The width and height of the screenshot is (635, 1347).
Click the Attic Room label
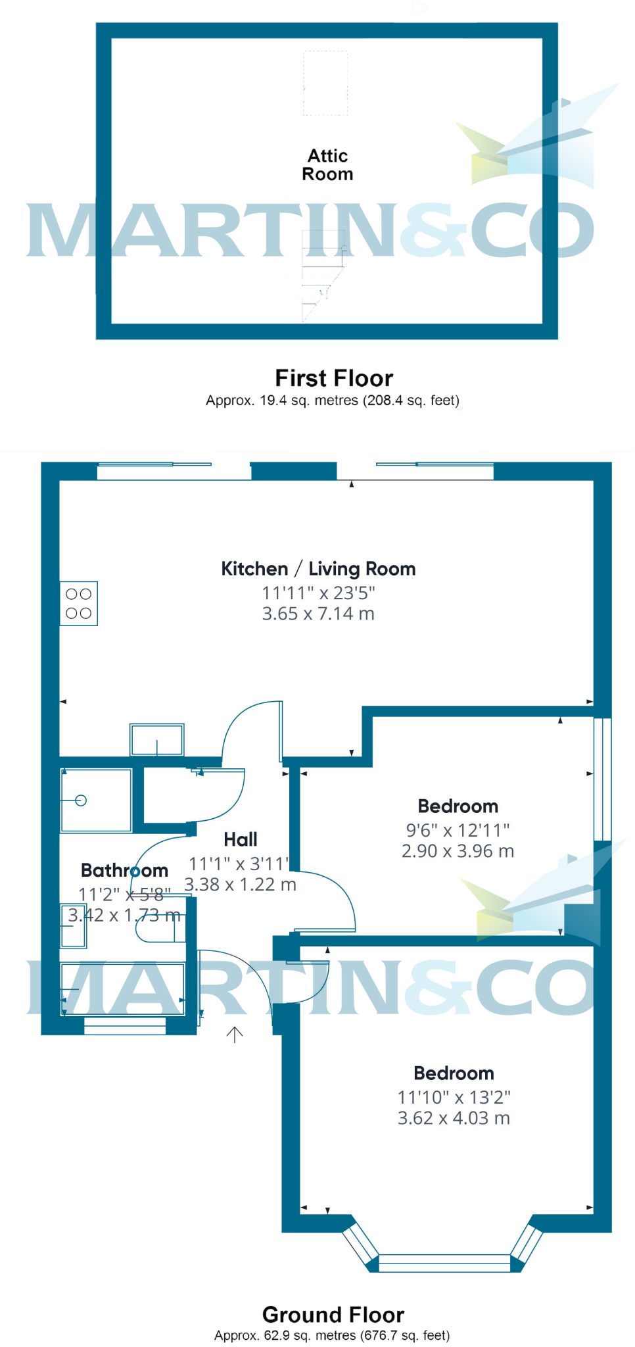coord(327,165)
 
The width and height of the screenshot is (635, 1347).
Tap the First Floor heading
coord(334,378)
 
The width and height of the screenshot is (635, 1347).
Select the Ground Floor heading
coord(333,1315)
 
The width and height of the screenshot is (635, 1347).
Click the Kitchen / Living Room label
coord(318,569)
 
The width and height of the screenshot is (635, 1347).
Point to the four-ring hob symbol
coord(79,604)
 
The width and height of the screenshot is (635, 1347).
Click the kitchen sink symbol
coord(157,740)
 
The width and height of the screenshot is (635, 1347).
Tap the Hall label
coord(241,839)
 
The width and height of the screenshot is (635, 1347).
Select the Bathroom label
coord(124,870)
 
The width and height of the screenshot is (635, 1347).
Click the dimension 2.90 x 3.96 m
coord(458,851)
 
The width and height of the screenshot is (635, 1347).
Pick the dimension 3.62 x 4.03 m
coord(454,1118)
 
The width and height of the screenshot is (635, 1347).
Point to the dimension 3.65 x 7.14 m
coord(318,614)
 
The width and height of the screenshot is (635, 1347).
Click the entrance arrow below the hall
coord(235,1035)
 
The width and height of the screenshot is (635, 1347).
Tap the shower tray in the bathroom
coord(96,800)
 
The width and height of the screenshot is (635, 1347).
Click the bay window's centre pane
coord(445,1260)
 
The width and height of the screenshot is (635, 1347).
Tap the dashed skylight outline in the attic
coord(325,84)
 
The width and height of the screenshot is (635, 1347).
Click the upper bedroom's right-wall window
coord(603,779)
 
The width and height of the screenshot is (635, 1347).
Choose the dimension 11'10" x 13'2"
coord(454,1097)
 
